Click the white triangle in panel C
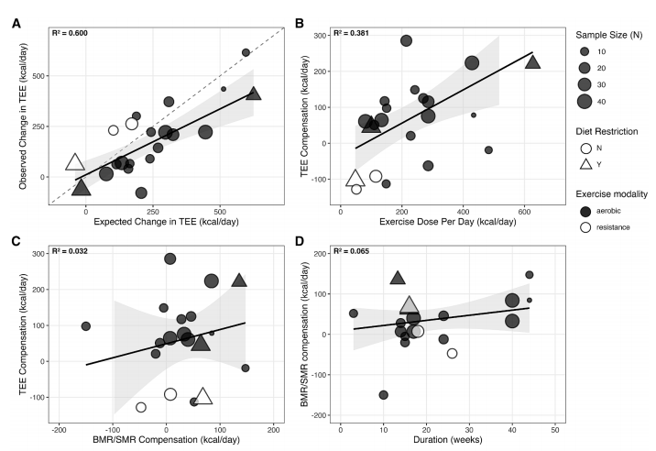click(x=202, y=396)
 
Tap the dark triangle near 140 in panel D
click(x=398, y=278)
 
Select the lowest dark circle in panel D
click(x=383, y=395)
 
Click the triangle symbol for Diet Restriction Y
click(x=584, y=163)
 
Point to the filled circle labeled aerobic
click(x=584, y=210)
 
